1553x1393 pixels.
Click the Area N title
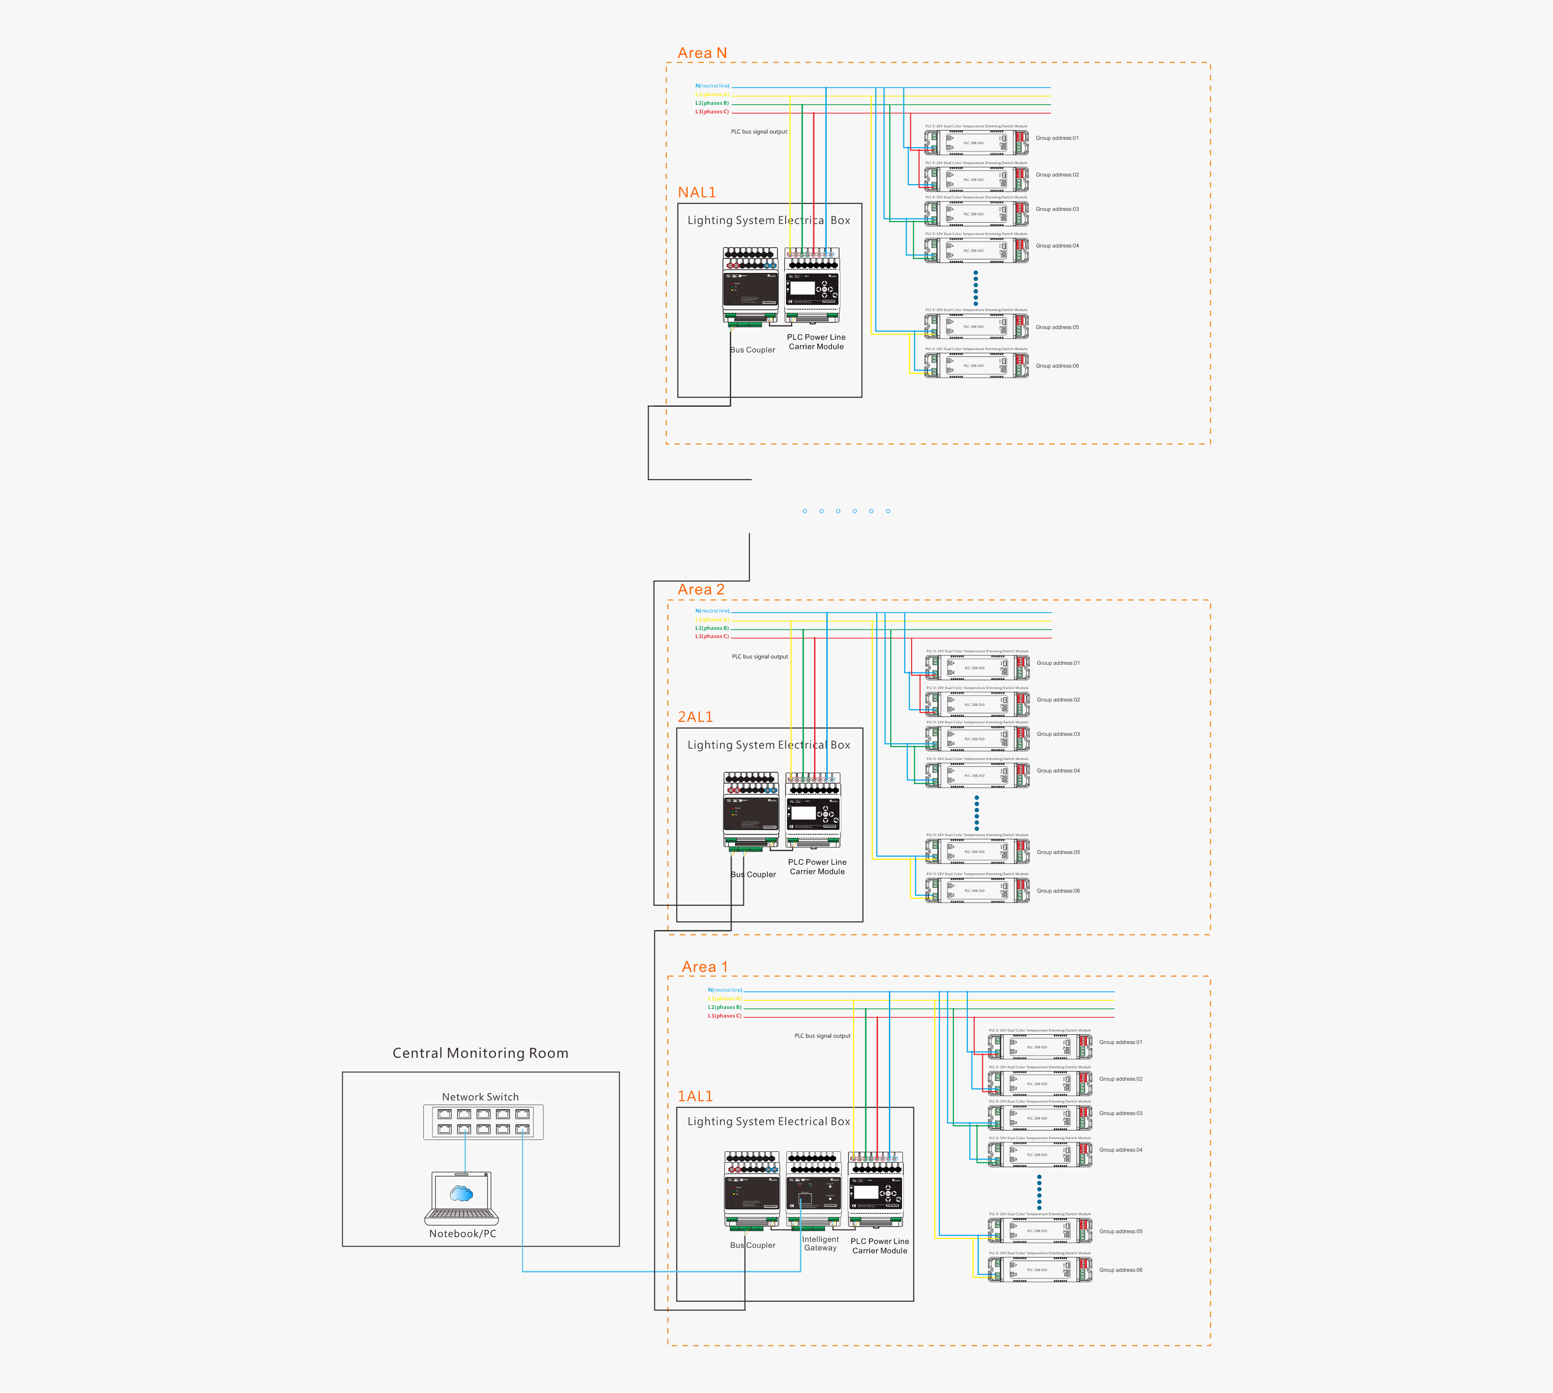click(x=702, y=53)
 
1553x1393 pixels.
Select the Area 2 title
click(x=701, y=589)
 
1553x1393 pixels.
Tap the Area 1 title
click(x=704, y=967)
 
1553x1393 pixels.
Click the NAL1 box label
click(x=696, y=192)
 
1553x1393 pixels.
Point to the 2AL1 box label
click(x=694, y=716)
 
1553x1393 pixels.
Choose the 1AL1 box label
click(x=694, y=1096)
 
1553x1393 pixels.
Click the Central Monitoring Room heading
click(x=480, y=1053)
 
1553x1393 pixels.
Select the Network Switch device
click(x=484, y=1122)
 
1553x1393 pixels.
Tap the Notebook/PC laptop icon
click(x=461, y=1198)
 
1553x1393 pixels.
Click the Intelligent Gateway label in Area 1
click(x=820, y=1244)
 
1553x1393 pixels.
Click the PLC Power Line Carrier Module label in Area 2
click(x=817, y=867)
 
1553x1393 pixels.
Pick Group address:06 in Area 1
click(x=1121, y=1270)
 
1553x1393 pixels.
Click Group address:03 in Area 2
click(x=1058, y=734)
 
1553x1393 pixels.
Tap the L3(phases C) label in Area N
click(x=712, y=112)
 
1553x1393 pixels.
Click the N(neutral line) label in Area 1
click(x=724, y=989)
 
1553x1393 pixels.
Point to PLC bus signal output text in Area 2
click(x=760, y=657)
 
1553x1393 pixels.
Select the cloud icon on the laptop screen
click(x=461, y=1193)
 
